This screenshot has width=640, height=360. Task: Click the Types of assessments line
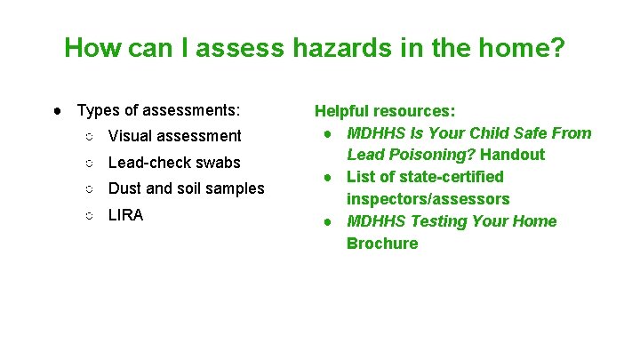point(158,111)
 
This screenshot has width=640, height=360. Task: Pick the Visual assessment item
point(174,136)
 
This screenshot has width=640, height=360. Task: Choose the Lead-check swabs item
point(174,163)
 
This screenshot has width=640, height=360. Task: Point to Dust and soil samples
point(186,188)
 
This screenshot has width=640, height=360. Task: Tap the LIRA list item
point(125,215)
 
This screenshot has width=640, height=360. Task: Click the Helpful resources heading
point(385,111)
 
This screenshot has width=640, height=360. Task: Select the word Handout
point(513,155)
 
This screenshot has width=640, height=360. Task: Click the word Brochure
point(382,244)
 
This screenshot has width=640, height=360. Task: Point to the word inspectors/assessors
point(428,199)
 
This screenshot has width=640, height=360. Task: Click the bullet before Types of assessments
point(57,111)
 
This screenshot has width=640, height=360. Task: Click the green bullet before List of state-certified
point(329,177)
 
